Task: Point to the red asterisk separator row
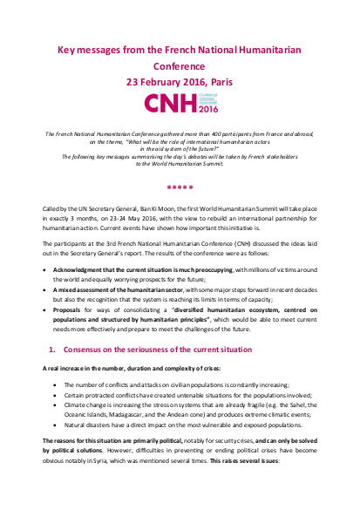point(179,186)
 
